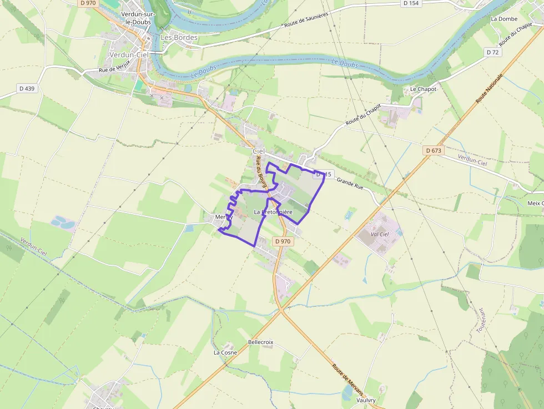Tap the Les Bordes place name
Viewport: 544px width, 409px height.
click(x=179, y=38)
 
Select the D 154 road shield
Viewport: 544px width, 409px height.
click(x=410, y=3)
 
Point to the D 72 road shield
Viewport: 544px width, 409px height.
click(x=492, y=52)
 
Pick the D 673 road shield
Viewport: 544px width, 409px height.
click(x=433, y=151)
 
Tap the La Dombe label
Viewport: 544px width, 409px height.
click(x=504, y=19)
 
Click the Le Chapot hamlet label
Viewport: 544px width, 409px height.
click(x=424, y=89)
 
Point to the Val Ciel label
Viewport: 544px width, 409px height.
click(x=380, y=234)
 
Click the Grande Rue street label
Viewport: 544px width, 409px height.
click(x=350, y=184)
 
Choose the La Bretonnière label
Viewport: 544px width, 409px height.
click(x=273, y=213)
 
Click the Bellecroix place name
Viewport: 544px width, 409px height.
click(x=261, y=342)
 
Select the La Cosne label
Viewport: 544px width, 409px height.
click(x=225, y=352)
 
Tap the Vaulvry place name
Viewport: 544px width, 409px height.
click(x=366, y=400)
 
